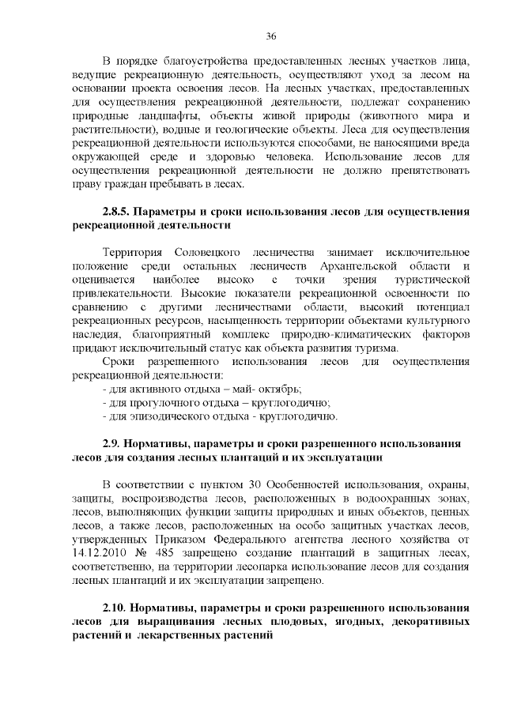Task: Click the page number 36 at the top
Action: (270, 36)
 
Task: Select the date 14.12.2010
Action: (97, 552)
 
